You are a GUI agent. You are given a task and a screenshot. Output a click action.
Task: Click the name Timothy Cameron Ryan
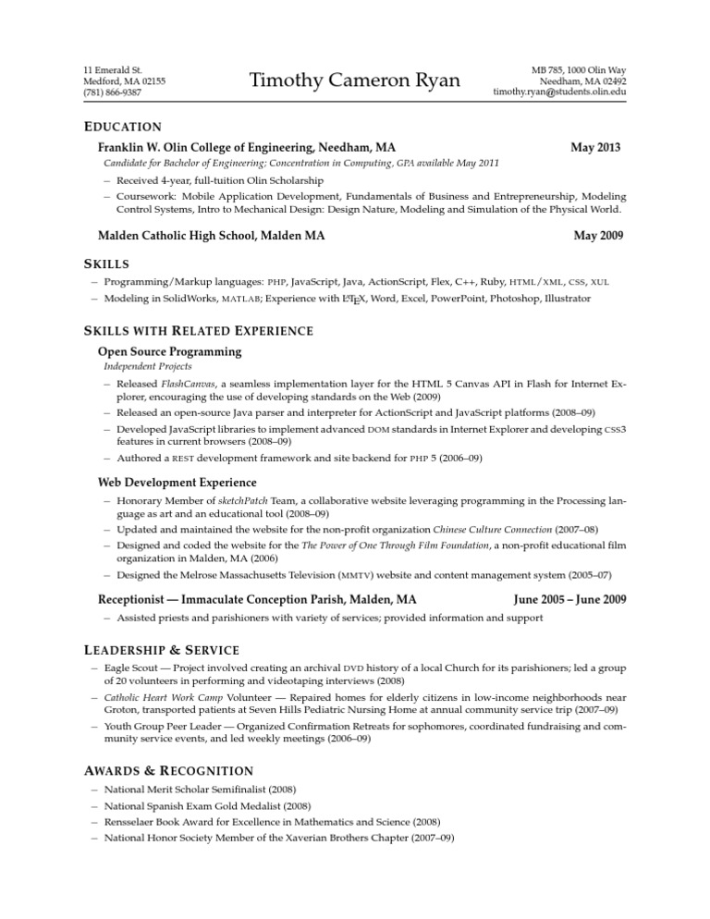click(354, 81)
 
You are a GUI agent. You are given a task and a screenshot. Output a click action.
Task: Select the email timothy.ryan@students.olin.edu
click(559, 93)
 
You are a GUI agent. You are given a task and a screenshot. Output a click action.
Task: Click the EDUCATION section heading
click(123, 127)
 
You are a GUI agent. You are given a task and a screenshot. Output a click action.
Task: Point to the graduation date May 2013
click(595, 147)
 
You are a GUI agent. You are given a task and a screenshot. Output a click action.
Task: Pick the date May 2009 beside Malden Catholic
click(598, 236)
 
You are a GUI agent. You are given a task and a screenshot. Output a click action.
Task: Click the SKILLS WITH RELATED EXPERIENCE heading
click(199, 331)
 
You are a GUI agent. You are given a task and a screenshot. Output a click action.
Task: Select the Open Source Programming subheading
click(169, 351)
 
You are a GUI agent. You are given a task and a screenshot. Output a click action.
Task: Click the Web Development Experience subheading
click(177, 482)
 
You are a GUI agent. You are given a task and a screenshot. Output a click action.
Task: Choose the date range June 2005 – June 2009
click(569, 600)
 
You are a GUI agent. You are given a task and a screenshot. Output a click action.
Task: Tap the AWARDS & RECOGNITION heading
click(168, 770)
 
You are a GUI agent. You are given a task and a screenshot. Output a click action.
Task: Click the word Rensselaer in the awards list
click(134, 821)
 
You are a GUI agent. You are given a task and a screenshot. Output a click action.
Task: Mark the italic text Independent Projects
click(141, 367)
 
